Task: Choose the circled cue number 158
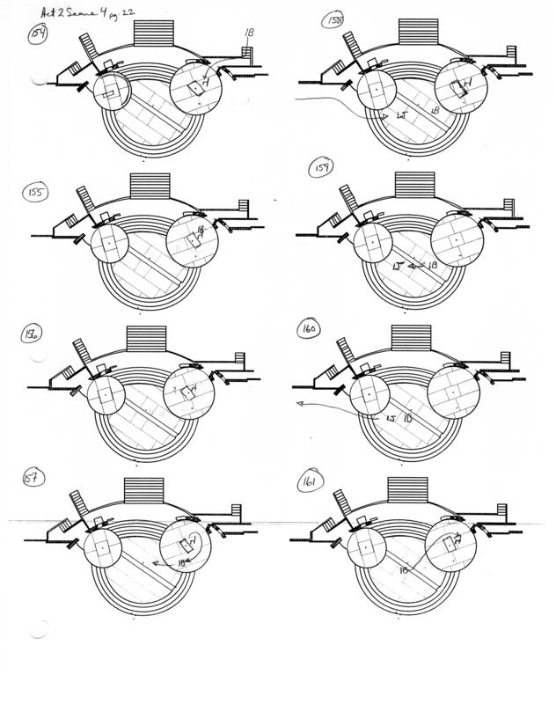pos(333,20)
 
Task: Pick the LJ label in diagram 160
pos(391,420)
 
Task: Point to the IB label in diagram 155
pos(201,231)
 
